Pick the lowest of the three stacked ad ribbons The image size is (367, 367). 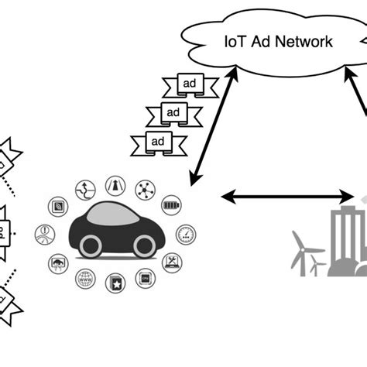[158, 140]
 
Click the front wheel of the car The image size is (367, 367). [144, 245]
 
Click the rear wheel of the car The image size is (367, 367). [89, 246]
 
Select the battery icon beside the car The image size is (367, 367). [172, 207]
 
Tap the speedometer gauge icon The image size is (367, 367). [185, 233]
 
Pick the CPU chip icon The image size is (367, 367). [144, 279]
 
